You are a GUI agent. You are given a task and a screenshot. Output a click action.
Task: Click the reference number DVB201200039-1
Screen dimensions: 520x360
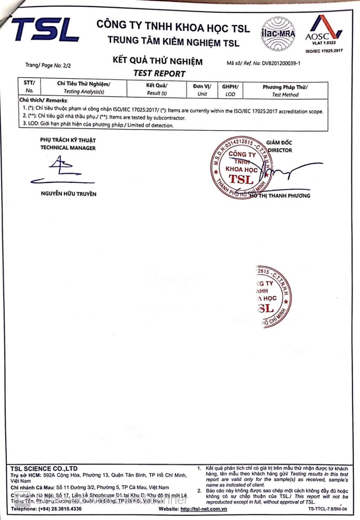click(x=281, y=63)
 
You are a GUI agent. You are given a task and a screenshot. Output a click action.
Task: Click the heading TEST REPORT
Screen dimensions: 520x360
click(x=159, y=74)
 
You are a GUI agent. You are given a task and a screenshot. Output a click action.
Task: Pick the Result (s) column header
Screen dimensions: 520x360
click(x=157, y=89)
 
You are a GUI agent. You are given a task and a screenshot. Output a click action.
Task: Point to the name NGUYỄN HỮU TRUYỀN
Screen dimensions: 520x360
click(x=68, y=194)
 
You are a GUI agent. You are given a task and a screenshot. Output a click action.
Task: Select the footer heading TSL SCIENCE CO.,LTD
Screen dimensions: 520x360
click(x=44, y=469)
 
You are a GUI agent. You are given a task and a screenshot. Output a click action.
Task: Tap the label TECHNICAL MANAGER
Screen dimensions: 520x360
click(x=68, y=148)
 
